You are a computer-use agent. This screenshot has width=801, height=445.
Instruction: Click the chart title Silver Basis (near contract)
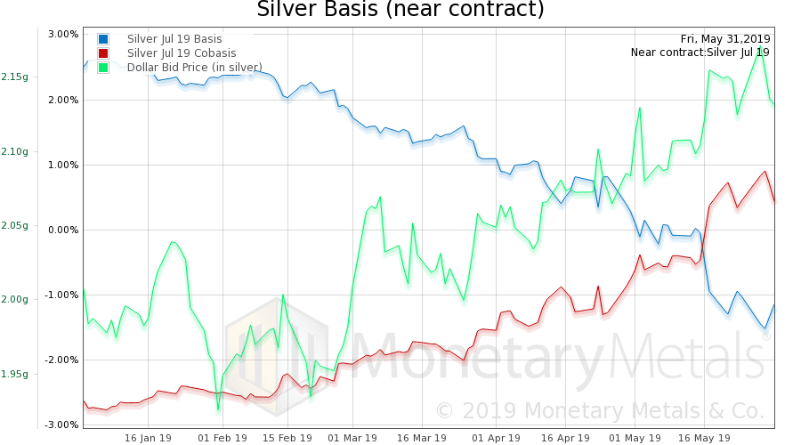[x=400, y=10]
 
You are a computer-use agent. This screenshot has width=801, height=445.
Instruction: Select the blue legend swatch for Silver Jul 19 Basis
[x=104, y=39]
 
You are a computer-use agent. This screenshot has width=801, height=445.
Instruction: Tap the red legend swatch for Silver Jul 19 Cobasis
[x=104, y=53]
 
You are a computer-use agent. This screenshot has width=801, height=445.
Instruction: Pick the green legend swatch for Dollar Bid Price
[x=104, y=68]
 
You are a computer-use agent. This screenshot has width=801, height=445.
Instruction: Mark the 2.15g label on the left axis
[x=13, y=77]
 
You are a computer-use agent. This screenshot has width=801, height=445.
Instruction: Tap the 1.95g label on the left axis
[x=13, y=374]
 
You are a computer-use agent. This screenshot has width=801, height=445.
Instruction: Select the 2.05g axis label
[x=13, y=225]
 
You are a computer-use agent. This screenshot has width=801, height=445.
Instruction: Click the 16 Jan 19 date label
[x=148, y=438]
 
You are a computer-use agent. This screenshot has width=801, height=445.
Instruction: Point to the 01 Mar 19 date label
[x=352, y=438]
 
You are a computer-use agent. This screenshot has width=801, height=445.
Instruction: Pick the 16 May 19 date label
[x=705, y=438]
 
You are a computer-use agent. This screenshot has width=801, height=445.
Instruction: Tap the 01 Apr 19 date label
[x=496, y=438]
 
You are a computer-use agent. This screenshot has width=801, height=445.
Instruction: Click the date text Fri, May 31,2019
[x=725, y=38]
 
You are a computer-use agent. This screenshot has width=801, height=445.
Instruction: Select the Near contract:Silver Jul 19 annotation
[x=700, y=53]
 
